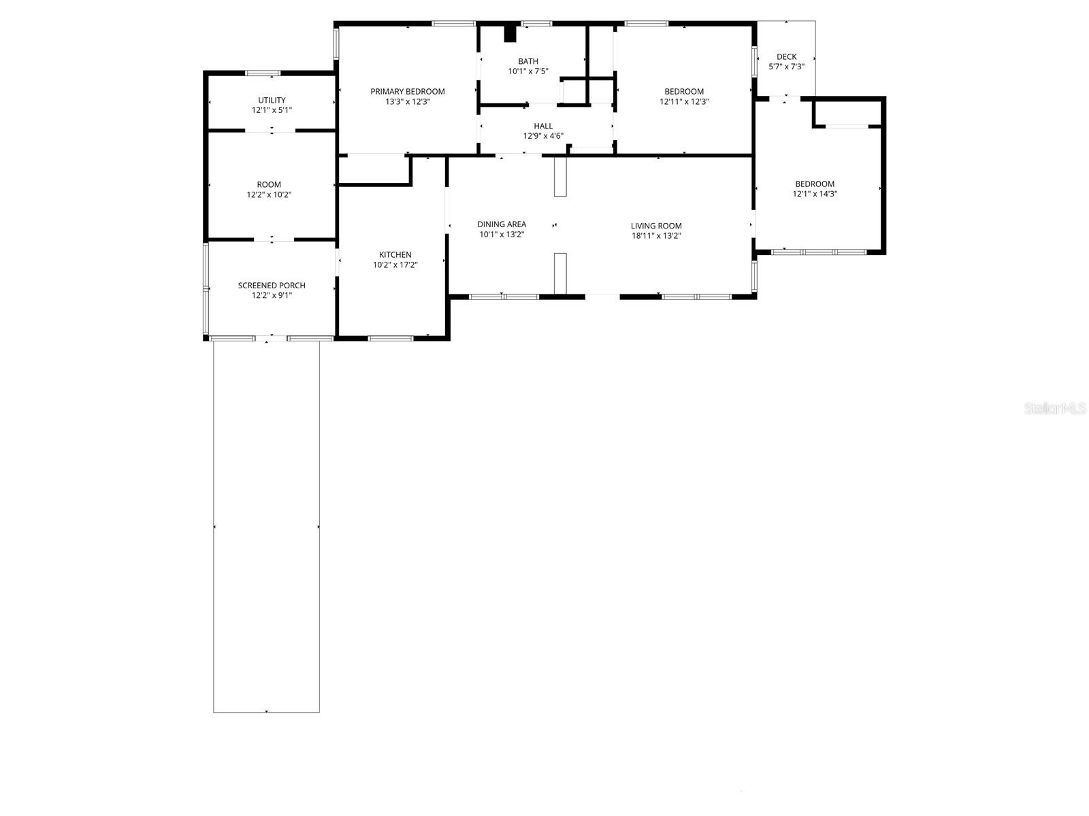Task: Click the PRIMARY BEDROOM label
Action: coord(407,92)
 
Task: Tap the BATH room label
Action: coord(528,61)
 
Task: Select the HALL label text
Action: coord(543,126)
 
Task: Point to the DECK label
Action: coord(786,57)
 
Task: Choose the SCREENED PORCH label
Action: coord(272,286)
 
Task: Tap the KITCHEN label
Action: coord(395,255)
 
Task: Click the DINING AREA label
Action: coord(502,224)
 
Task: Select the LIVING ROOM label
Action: coord(656,226)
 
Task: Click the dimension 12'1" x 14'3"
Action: coord(815,194)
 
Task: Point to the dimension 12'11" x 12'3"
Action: coord(683,102)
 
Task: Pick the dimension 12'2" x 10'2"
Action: coord(269,195)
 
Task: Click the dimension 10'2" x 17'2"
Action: coord(395,265)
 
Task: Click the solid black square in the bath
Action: coord(510,34)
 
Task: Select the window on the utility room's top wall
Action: coord(263,73)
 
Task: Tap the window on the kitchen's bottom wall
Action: coord(391,339)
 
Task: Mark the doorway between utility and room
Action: coord(271,131)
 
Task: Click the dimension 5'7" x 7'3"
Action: coord(786,67)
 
